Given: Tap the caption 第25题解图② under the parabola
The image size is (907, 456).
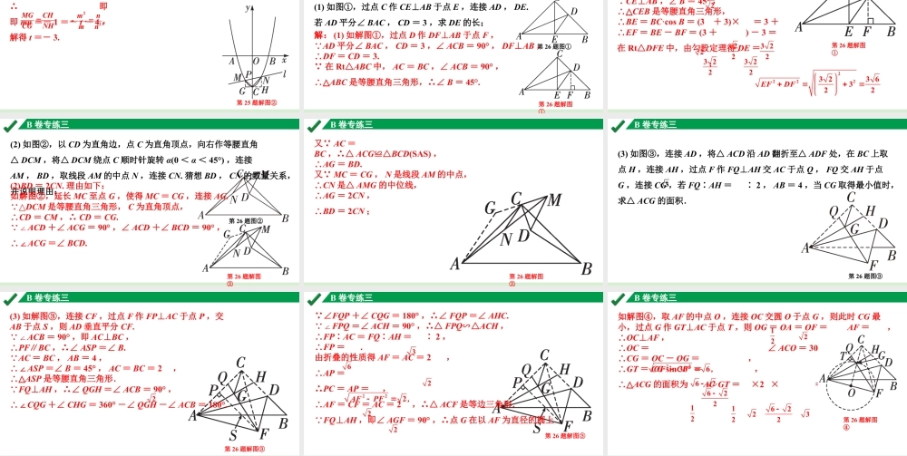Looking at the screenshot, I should [256, 102].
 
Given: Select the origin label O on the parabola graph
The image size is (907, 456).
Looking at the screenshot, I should [256, 62].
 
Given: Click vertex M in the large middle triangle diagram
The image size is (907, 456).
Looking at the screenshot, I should [554, 199].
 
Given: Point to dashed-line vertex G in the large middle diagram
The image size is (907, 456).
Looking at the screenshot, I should [490, 209].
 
